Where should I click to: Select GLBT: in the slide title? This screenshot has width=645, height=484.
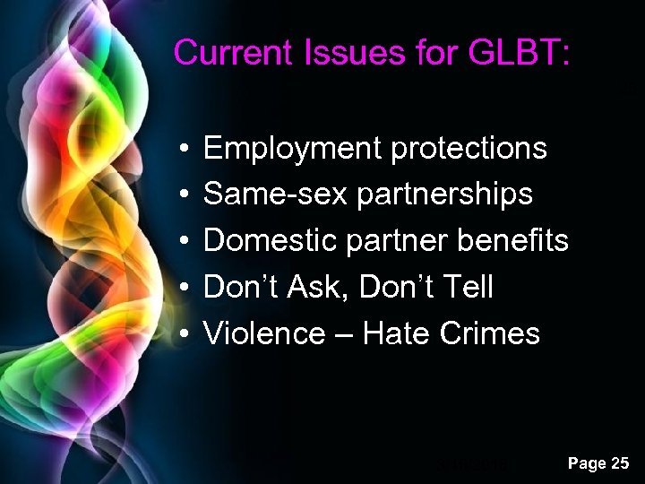point(519,52)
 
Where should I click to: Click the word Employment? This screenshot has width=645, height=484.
point(292,148)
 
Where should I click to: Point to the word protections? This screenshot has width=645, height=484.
point(469,148)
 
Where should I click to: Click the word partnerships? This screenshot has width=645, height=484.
point(444,194)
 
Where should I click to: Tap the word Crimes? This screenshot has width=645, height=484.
point(490,333)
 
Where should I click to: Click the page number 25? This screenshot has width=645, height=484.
point(620,463)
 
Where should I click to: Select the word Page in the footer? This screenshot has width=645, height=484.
point(587,464)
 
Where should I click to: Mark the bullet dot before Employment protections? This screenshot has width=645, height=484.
point(182,149)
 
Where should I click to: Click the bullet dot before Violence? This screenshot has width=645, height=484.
point(182,334)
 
